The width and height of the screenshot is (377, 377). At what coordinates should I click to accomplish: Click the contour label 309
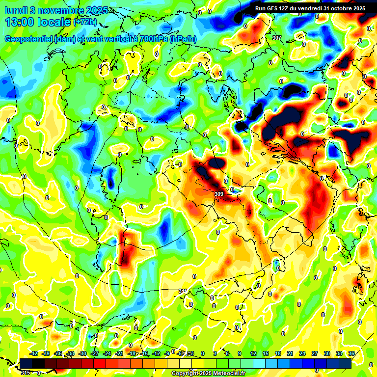tap(219, 194)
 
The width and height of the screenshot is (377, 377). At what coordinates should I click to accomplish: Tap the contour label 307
tap(277, 38)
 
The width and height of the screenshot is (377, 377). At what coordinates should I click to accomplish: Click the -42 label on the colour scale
tap(34, 353)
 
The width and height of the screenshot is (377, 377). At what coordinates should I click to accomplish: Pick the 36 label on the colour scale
tap(351, 353)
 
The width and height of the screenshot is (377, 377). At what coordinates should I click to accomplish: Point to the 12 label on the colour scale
tap(253, 353)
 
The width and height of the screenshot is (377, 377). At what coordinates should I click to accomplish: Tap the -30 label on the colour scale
tap(83, 353)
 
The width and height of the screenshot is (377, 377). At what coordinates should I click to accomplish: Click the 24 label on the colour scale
tap(302, 353)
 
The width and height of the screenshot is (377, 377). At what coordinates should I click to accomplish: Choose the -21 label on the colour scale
tap(120, 353)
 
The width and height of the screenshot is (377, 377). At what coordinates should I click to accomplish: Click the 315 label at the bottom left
tap(26, 373)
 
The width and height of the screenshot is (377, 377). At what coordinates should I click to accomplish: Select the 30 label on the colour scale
tap(327, 353)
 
